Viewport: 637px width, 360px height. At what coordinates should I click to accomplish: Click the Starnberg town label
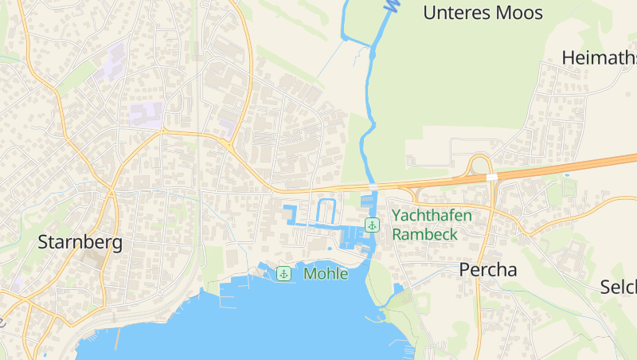click(x=80, y=243)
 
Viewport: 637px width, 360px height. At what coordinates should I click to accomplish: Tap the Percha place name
click(x=487, y=270)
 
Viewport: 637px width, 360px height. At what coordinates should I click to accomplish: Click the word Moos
click(x=518, y=13)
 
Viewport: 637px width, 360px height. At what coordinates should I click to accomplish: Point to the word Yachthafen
click(x=432, y=215)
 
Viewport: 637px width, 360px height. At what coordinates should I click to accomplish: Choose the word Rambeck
click(x=424, y=234)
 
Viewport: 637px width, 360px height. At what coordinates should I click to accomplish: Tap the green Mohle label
click(x=326, y=274)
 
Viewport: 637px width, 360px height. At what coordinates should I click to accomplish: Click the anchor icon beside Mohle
click(x=283, y=274)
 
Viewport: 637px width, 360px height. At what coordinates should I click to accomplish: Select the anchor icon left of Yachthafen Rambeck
click(x=371, y=225)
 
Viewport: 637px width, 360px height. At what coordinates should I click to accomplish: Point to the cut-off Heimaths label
click(x=599, y=58)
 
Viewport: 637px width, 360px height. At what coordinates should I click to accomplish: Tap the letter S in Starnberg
click(x=45, y=243)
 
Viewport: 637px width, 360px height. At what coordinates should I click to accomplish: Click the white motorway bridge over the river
click(x=373, y=186)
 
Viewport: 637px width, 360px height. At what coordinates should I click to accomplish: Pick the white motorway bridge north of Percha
click(x=492, y=177)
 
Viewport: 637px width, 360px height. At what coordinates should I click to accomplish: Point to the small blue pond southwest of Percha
click(x=398, y=288)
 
